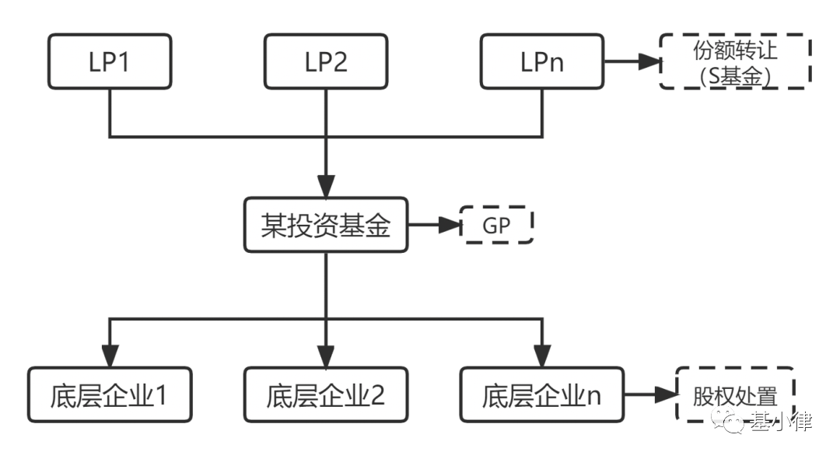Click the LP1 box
pyautogui.click(x=108, y=62)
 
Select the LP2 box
pyautogui.click(x=324, y=62)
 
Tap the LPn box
pyautogui.click(x=541, y=62)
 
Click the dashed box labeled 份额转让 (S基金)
pyautogui.click(x=734, y=62)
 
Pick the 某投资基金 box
pyautogui.click(x=325, y=226)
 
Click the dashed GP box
pyautogui.click(x=496, y=226)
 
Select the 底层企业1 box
pyautogui.click(x=109, y=394)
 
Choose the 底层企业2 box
pyautogui.click(x=325, y=394)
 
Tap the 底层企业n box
pyautogui.click(x=541, y=394)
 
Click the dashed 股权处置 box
pyautogui.click(x=734, y=394)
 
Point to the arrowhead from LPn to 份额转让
pyautogui.click(x=649, y=62)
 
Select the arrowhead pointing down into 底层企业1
pyautogui.click(x=109, y=357)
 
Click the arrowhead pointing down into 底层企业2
pyautogui.click(x=325, y=357)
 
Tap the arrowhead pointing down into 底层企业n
pyautogui.click(x=541, y=357)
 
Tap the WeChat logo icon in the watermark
pyautogui.click(x=734, y=422)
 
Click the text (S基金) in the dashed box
pyautogui.click(x=734, y=76)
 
